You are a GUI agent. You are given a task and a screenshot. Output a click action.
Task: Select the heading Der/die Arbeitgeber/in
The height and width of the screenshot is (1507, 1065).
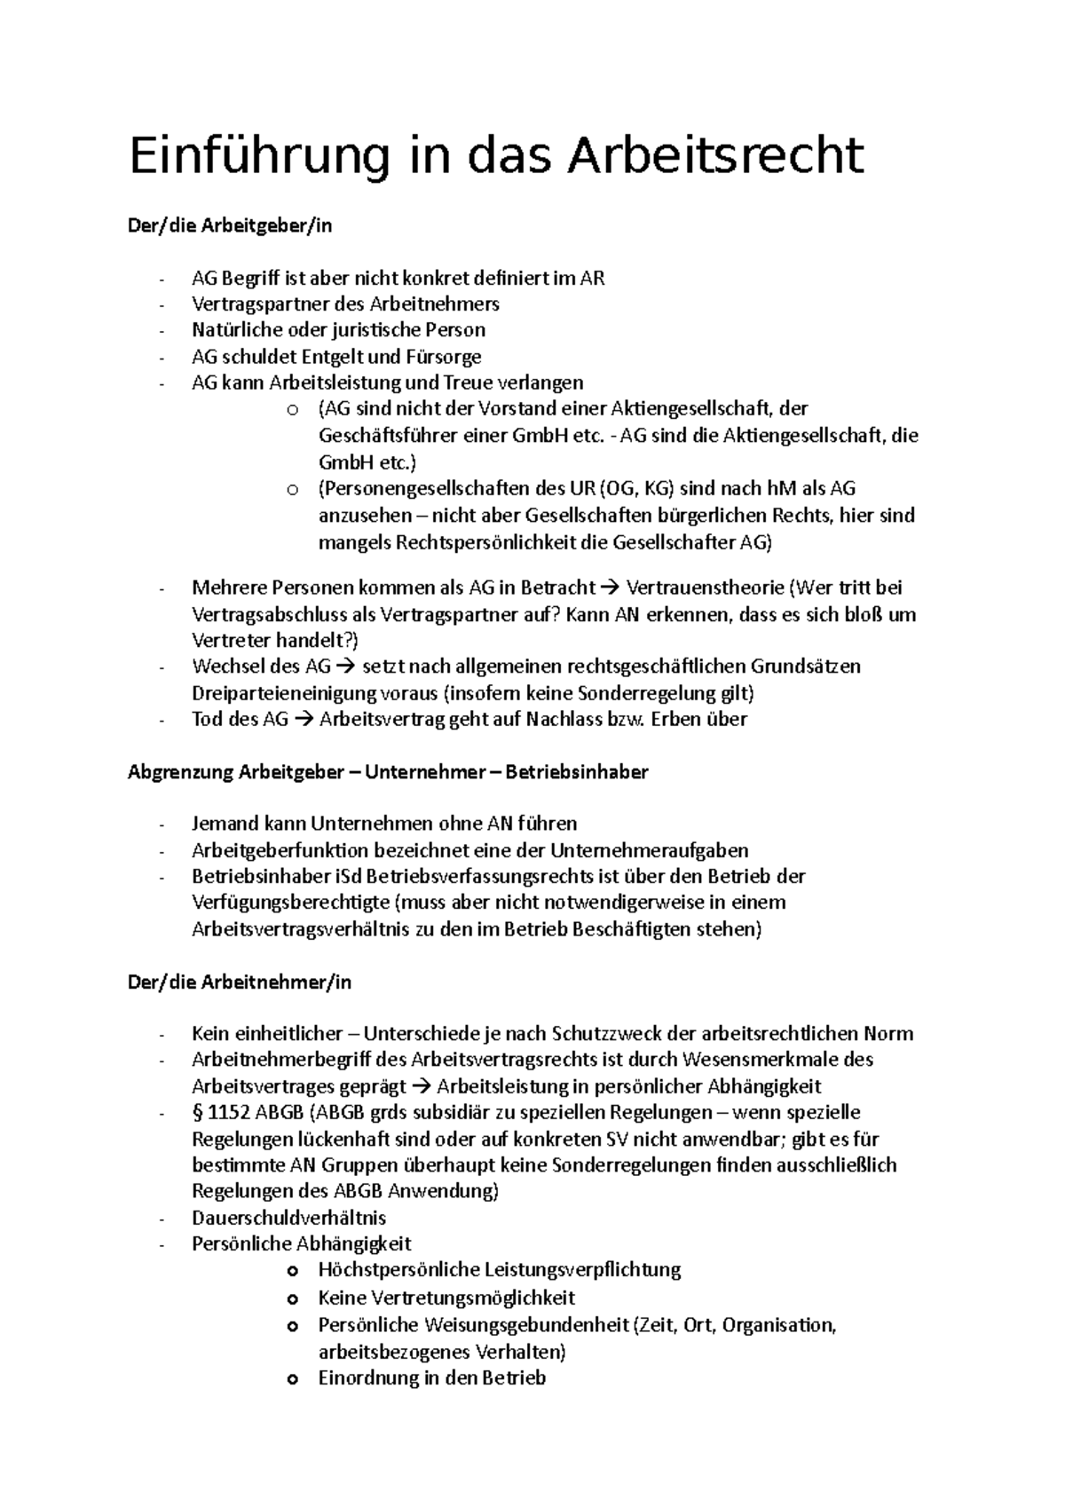230,225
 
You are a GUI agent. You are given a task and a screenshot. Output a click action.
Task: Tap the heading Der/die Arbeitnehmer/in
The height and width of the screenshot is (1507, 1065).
240,982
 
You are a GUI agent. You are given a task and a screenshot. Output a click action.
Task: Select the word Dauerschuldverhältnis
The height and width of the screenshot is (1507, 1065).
288,1217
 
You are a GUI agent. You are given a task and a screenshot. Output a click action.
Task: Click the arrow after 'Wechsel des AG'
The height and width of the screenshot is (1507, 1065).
346,667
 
